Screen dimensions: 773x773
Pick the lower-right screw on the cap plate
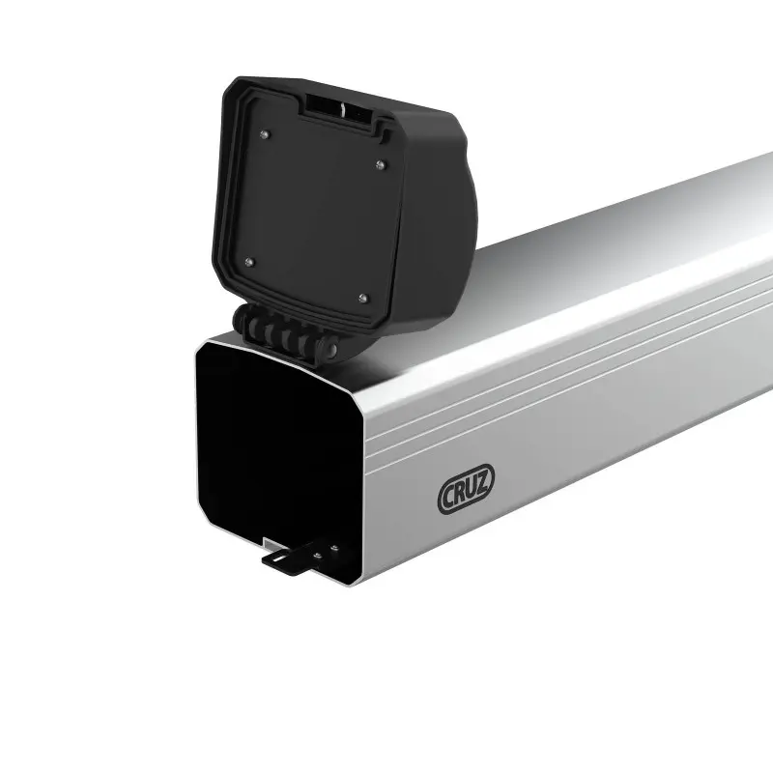coord(362,298)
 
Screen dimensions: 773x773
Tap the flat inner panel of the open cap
coord(309,213)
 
